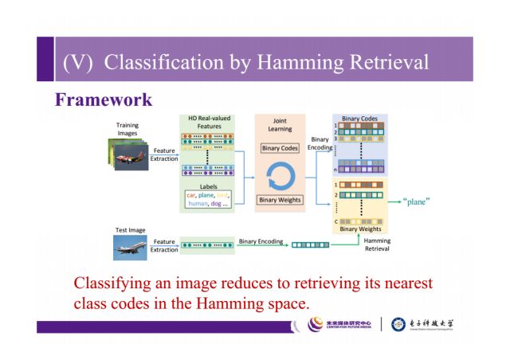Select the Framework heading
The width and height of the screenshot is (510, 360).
(x=103, y=100)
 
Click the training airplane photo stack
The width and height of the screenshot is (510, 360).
(x=127, y=154)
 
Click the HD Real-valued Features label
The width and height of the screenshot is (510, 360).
(x=209, y=123)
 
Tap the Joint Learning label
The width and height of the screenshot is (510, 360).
(x=280, y=126)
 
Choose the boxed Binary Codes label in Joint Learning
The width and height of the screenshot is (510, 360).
(x=280, y=148)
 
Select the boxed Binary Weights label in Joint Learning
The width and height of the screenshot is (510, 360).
(x=280, y=200)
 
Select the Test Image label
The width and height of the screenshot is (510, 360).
(x=131, y=230)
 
